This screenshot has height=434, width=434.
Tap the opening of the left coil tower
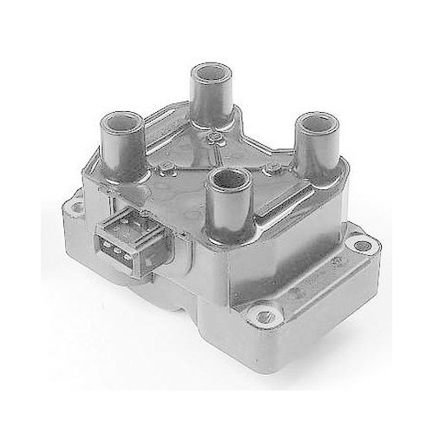click(122, 118)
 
